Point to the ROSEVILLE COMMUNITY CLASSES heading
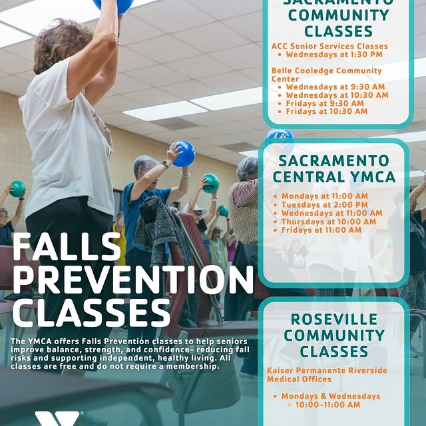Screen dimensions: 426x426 click(x=334, y=335)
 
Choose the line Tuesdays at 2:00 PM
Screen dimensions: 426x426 click(x=324, y=204)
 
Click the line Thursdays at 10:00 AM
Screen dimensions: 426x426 click(x=328, y=222)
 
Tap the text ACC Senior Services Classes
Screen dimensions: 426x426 click(x=329, y=46)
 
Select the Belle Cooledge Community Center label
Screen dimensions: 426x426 click(x=326, y=75)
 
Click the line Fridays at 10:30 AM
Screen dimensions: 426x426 click(x=326, y=111)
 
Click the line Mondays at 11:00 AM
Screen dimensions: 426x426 click(x=324, y=196)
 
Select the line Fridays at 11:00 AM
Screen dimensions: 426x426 click(x=321, y=230)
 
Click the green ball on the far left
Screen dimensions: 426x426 click(x=17, y=189)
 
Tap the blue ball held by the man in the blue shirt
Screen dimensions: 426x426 click(x=184, y=154)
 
